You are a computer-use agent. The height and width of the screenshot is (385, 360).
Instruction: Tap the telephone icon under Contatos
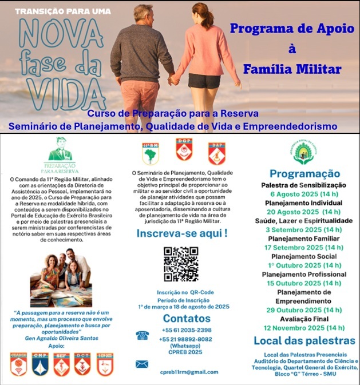(142, 336)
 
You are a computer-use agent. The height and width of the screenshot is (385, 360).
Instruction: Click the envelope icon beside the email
(142, 364)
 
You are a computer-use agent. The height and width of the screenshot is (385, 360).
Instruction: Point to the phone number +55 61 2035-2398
(186, 330)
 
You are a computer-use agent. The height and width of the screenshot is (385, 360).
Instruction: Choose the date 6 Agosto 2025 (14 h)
(303, 194)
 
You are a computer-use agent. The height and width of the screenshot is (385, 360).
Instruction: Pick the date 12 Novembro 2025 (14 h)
(303, 328)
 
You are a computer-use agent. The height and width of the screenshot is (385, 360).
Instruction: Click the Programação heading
(304, 174)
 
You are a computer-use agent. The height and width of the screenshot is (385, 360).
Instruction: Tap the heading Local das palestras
(304, 342)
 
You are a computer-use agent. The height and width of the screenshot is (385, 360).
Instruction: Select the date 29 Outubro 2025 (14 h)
(303, 310)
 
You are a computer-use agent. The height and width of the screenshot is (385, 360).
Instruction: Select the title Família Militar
(292, 69)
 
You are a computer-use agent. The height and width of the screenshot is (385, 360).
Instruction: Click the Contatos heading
(183, 319)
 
